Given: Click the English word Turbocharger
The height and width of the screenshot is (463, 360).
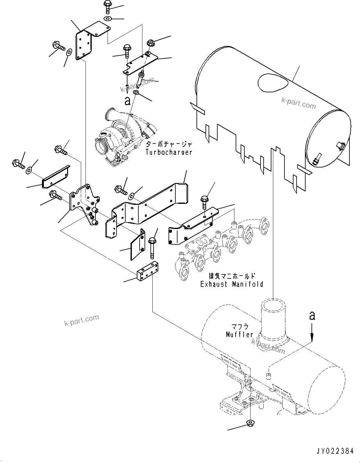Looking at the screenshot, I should tap(168, 152).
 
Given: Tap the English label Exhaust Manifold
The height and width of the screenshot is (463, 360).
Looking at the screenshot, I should tap(232, 284).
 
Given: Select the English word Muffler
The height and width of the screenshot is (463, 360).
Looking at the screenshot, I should tap(239, 335).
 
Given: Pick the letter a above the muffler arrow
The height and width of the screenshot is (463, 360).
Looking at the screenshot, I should tap(312, 316).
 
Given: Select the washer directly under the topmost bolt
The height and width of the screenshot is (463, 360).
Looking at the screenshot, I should tap(108, 19).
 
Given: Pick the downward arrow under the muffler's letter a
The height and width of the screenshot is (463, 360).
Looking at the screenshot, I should tap(312, 334).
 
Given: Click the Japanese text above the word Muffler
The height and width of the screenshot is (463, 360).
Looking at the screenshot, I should tap(240, 327).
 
